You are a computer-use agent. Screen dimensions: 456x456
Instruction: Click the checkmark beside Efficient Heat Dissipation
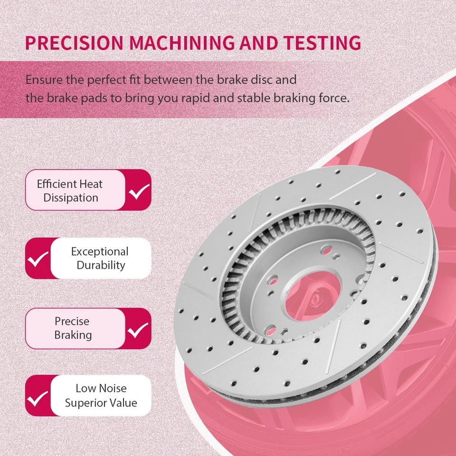pos(139,191)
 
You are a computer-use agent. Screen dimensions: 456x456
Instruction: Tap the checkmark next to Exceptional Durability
pos(38,259)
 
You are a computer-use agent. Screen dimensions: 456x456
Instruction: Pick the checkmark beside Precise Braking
pos(139,329)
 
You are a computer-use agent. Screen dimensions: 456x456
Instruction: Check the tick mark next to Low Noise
pos(38,396)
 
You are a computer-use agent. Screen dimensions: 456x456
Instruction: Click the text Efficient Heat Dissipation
pos(70,191)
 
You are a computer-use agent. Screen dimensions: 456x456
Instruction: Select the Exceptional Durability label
pos(100,258)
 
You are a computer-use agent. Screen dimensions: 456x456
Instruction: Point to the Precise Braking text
pos(73,328)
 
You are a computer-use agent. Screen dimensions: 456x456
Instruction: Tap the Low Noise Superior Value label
pos(101,396)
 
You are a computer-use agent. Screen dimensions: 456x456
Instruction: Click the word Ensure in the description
pos(40,79)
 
